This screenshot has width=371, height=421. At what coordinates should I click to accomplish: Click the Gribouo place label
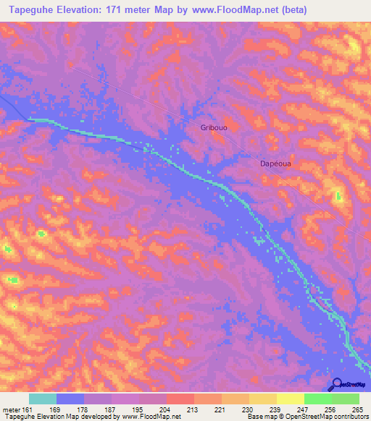pyautogui.click(x=214, y=127)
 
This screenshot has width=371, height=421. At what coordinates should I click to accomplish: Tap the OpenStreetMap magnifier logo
pyautogui.click(x=335, y=385)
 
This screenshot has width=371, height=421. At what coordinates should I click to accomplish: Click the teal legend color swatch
pyautogui.click(x=43, y=399)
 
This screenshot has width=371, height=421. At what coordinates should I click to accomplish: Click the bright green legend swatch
pyautogui.click(x=318, y=399)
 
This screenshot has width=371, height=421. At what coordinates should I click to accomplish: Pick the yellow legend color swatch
pyautogui.click(x=291, y=399)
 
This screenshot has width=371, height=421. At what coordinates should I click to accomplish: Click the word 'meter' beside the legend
pyautogui.click(x=10, y=409)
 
